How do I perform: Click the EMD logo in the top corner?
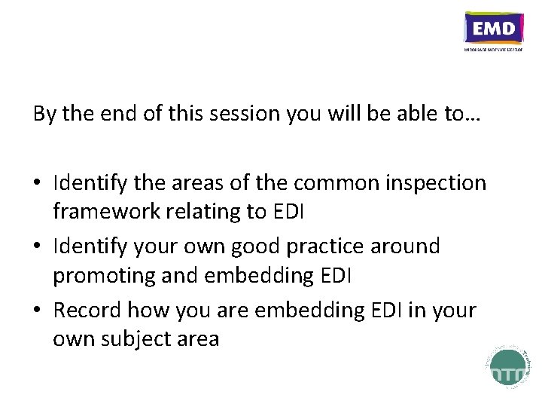(x=494, y=31)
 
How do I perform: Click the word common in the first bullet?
(x=328, y=183)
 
